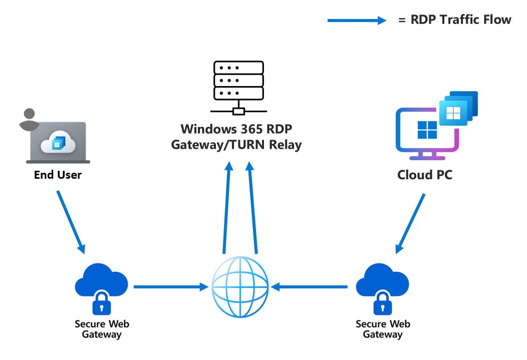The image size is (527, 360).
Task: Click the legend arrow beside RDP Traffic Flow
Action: pos(357,21)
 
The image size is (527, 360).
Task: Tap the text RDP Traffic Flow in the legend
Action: pos(455,20)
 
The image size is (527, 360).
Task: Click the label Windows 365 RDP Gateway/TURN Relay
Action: pos(236,137)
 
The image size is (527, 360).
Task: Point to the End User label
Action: pos(58,175)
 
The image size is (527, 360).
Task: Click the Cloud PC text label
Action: pos(424,175)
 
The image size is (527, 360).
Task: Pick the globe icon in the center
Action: pos(240,287)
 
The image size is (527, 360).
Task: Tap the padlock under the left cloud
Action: pos(102,303)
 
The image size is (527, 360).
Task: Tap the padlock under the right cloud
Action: pos(383,303)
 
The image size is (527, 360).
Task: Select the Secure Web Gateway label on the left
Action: pos(102,329)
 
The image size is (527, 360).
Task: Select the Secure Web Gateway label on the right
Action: pos(383,329)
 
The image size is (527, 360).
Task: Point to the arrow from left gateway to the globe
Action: pos(171,287)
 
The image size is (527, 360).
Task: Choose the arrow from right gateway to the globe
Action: pos(311,287)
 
